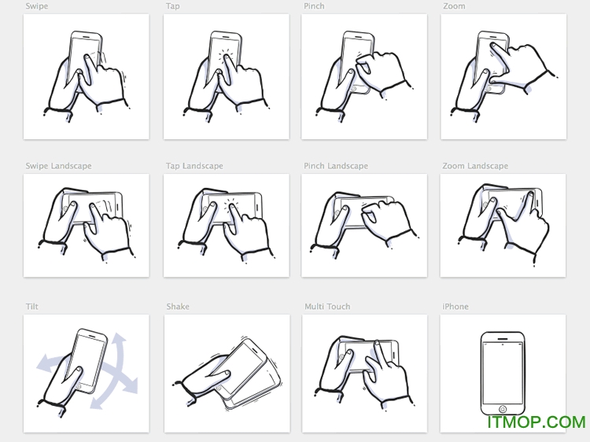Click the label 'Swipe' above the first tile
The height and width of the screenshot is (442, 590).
(x=36, y=6)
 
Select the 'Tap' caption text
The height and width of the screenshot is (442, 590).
(x=172, y=6)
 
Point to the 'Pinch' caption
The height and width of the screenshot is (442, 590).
(x=314, y=6)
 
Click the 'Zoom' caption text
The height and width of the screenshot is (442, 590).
(x=454, y=6)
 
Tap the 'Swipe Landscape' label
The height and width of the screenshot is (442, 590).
(x=58, y=166)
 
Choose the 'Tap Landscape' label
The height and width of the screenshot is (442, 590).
(x=194, y=166)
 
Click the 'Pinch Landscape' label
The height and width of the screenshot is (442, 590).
(x=336, y=166)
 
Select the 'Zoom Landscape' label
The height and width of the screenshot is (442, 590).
(x=475, y=166)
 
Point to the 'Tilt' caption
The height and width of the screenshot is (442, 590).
(x=31, y=307)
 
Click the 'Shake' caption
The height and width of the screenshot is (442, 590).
(x=178, y=307)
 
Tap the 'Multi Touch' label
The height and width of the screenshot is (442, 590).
(x=327, y=307)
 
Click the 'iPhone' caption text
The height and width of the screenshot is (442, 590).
(x=455, y=307)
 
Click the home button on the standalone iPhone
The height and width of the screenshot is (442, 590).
(x=503, y=408)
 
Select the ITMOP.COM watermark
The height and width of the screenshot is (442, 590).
(x=536, y=422)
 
